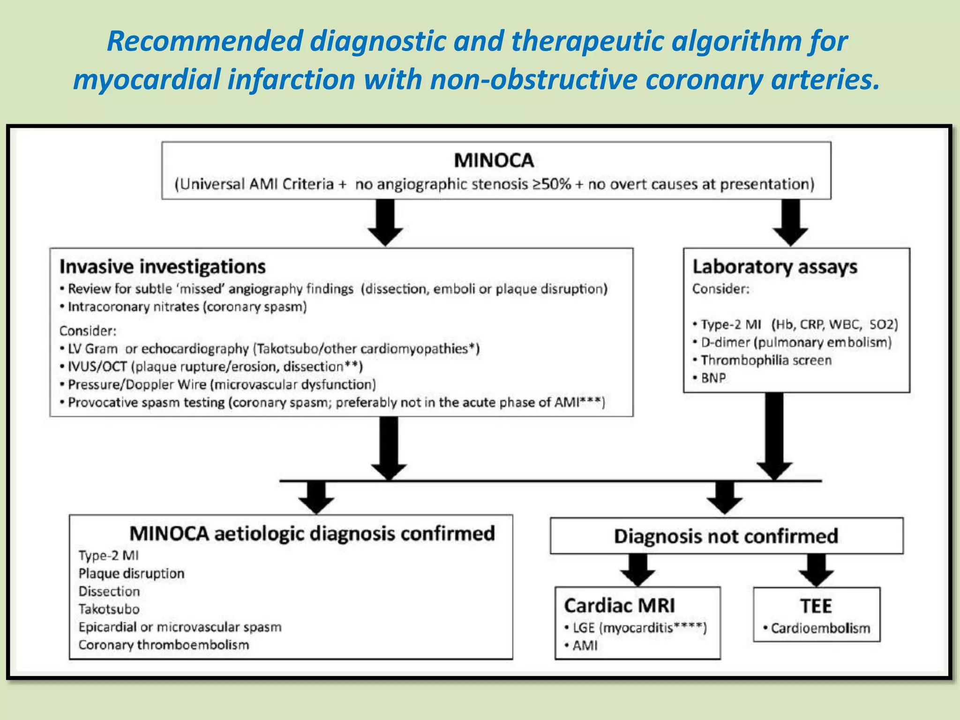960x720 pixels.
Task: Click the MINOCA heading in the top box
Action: point(494,161)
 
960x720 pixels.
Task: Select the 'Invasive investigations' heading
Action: point(162,267)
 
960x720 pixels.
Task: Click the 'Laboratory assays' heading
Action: point(775,267)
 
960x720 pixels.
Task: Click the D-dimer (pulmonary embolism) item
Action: point(795,343)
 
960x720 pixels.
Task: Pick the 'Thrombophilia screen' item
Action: point(765,360)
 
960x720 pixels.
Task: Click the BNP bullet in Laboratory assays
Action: point(713,378)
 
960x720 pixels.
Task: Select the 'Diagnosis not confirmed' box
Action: point(726,536)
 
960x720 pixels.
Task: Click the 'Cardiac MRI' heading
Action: point(619,606)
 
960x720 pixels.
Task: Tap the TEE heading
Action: point(816,606)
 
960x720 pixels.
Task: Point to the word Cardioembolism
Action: point(820,629)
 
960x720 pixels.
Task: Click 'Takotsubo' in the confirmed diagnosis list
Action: point(109,609)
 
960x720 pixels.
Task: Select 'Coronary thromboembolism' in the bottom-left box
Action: point(164,645)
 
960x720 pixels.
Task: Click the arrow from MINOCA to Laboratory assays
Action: point(790,221)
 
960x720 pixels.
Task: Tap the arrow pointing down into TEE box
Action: point(816,570)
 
